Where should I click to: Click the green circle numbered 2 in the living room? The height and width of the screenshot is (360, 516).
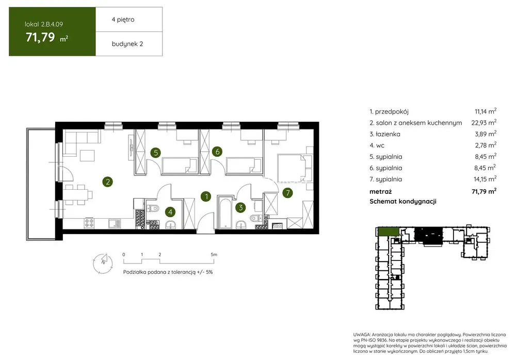click(x=108, y=182)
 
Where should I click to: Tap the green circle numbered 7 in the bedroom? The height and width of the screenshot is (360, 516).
click(x=287, y=193)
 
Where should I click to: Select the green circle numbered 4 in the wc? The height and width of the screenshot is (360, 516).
click(x=170, y=212)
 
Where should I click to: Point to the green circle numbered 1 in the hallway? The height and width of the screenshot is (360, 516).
click(x=206, y=197)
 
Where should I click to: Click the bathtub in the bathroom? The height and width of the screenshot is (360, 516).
click(x=225, y=213)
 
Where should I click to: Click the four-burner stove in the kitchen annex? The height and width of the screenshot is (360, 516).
click(x=89, y=223)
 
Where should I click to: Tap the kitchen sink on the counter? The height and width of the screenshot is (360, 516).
click(x=115, y=223)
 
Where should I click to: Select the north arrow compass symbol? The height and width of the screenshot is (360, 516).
click(x=103, y=263)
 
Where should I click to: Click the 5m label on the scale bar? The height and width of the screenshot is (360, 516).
click(x=214, y=254)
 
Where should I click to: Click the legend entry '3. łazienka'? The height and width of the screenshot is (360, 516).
click(x=385, y=134)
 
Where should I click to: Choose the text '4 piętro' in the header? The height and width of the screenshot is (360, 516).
click(x=123, y=20)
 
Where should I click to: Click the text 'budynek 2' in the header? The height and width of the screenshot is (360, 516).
click(x=127, y=44)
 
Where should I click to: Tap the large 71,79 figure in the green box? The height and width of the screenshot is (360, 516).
click(x=40, y=37)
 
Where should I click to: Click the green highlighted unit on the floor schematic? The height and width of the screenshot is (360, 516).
click(x=389, y=232)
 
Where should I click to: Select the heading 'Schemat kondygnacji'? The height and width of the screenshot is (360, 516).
click(x=403, y=201)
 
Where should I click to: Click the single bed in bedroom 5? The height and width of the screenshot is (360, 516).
click(x=180, y=165)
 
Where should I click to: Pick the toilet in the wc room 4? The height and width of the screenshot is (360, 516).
click(x=153, y=208)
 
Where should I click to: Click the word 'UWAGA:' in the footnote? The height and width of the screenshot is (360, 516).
click(x=362, y=334)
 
